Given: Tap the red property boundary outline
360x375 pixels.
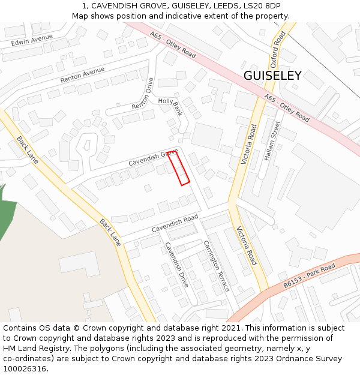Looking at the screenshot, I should [x=179, y=168].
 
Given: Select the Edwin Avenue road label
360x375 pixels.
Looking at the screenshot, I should [x=32, y=41].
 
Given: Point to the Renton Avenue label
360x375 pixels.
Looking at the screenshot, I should [x=82, y=75].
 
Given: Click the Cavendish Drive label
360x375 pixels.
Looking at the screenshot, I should [x=176, y=265].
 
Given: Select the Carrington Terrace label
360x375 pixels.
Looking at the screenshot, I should [x=216, y=266].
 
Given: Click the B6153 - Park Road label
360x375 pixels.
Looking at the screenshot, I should [x=310, y=275].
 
